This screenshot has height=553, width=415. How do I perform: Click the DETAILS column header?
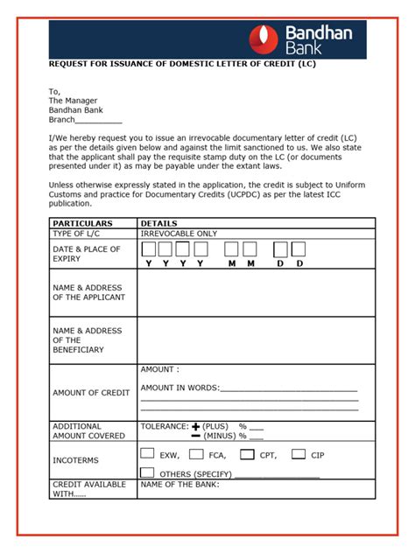pos(159,223)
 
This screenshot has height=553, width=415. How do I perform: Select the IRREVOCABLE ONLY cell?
pos(179,234)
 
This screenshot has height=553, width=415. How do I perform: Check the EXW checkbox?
pos(147,454)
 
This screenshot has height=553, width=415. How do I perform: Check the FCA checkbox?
pos(195,454)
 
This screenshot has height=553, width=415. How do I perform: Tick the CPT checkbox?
pos(247,454)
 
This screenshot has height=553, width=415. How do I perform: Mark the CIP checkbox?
pos(299,454)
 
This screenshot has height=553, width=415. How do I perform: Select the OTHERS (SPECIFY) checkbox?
pos(147,472)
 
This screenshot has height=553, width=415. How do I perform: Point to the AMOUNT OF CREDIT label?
pos(90,392)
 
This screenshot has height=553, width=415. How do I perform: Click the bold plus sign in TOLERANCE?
pos(196,426)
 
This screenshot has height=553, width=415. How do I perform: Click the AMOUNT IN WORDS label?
pos(180,388)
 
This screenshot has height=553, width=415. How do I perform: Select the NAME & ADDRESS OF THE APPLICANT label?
pos(88,292)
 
